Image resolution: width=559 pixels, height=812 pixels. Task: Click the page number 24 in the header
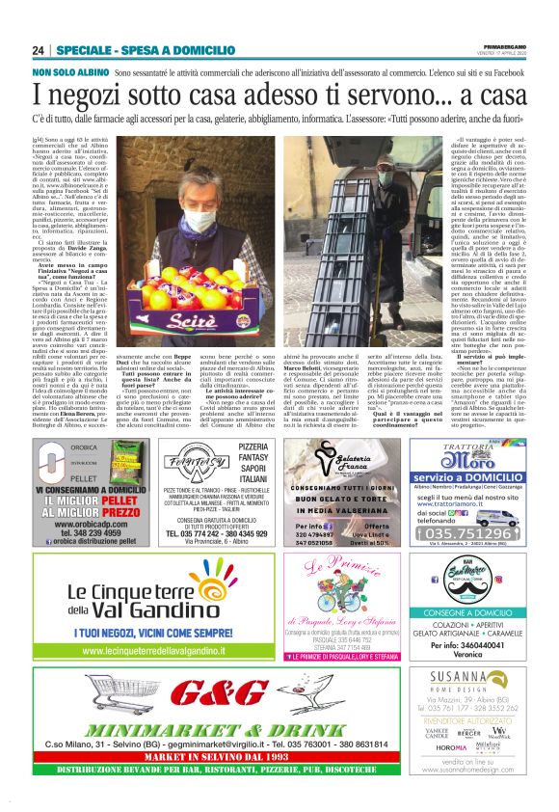[39, 50]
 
